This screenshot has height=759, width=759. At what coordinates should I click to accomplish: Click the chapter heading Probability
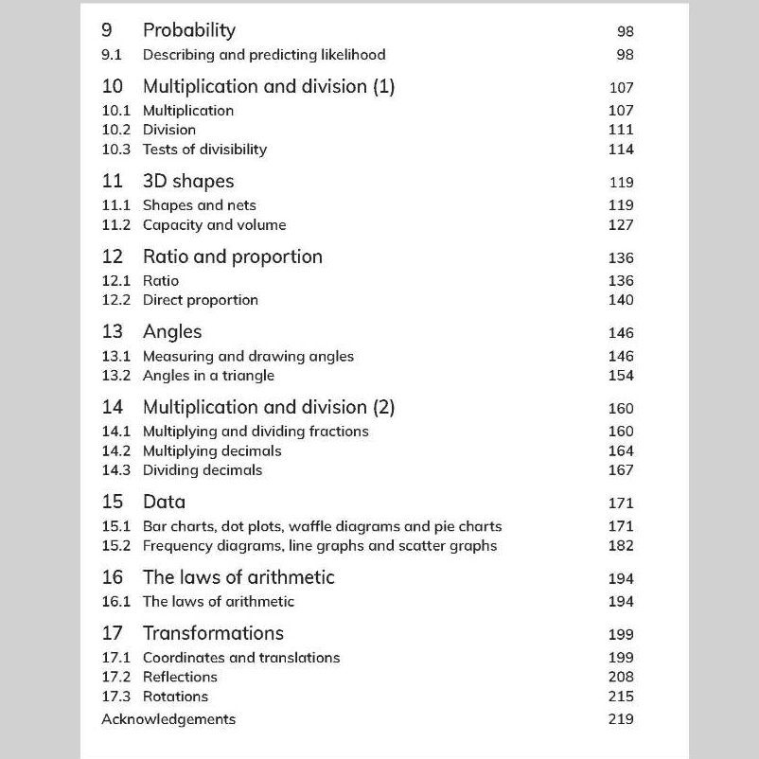(x=188, y=30)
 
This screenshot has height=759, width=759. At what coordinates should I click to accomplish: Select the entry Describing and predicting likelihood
(x=264, y=55)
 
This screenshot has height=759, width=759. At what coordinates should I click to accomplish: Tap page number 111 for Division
(x=621, y=130)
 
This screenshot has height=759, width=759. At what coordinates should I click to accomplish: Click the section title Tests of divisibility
(x=204, y=150)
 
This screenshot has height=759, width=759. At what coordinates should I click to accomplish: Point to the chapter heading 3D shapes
(x=187, y=181)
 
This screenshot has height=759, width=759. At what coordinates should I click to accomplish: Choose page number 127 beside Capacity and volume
(x=621, y=225)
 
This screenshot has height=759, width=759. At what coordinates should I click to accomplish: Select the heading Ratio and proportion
(x=232, y=256)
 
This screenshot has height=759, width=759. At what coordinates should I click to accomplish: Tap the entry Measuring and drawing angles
(x=248, y=357)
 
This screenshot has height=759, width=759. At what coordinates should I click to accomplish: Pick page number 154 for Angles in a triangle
(x=621, y=376)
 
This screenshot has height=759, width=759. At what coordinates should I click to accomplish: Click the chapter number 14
(x=113, y=407)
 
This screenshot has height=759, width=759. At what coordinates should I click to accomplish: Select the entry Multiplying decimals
(x=212, y=451)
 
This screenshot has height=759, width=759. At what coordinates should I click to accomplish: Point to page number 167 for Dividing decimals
(x=621, y=470)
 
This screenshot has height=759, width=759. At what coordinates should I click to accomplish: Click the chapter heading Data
(x=164, y=502)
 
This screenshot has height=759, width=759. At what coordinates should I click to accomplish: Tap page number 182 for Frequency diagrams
(x=621, y=546)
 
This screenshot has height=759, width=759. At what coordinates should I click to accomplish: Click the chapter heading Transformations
(x=213, y=633)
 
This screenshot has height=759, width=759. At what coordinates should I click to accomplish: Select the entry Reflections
(x=180, y=677)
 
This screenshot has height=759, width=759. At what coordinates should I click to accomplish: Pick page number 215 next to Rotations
(x=621, y=697)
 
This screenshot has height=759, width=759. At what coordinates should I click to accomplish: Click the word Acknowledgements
(x=168, y=719)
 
